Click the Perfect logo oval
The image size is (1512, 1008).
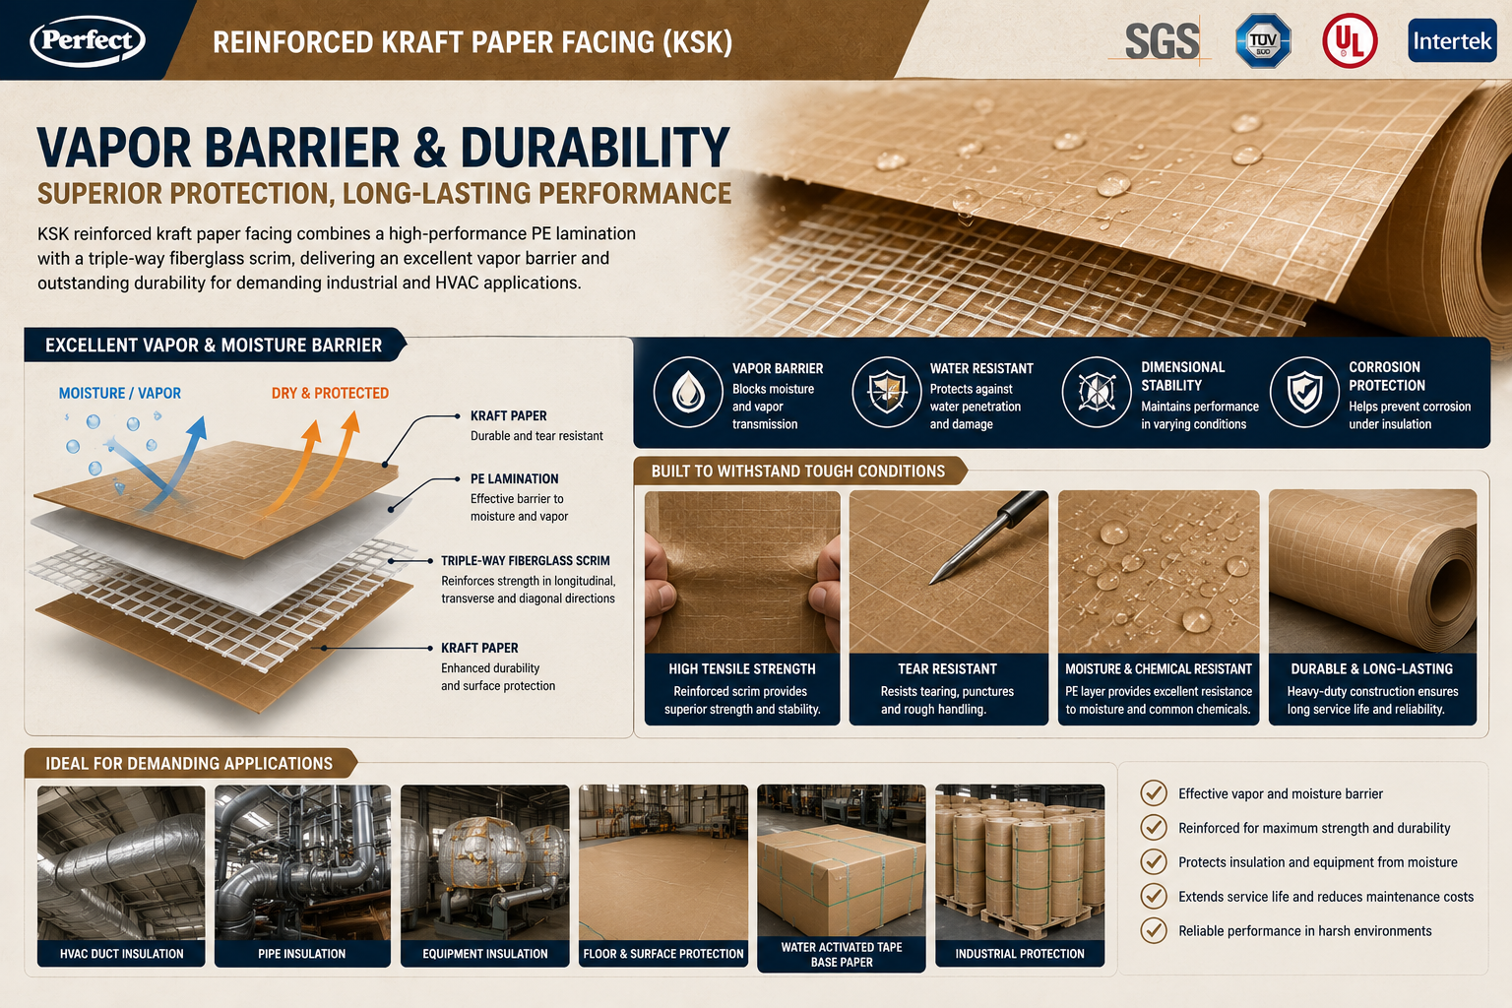(x=87, y=40)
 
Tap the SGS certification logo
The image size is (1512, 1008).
(x=1162, y=41)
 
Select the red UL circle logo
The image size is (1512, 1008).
(x=1350, y=41)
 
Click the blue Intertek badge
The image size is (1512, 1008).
(x=1452, y=41)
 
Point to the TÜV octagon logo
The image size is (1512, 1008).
(x=1263, y=40)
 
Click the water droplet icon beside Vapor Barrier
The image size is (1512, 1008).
(x=688, y=392)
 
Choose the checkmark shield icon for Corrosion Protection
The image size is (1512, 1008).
(x=1304, y=392)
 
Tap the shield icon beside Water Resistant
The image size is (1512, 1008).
(x=887, y=392)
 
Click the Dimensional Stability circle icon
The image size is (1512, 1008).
(x=1097, y=392)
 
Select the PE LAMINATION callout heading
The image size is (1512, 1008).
(x=515, y=478)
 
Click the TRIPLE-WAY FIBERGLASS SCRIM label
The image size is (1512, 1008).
(x=525, y=560)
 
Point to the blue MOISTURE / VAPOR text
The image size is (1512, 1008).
(x=119, y=393)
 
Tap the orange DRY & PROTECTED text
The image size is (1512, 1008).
(x=330, y=393)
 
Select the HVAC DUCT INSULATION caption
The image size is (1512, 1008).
(x=121, y=953)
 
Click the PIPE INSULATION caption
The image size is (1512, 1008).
(x=302, y=953)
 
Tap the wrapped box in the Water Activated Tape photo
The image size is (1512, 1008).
(x=840, y=878)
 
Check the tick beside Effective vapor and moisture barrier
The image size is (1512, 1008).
(x=1154, y=793)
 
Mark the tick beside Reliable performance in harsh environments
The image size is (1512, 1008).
(x=1154, y=930)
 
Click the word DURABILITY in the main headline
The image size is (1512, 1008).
(x=595, y=148)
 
